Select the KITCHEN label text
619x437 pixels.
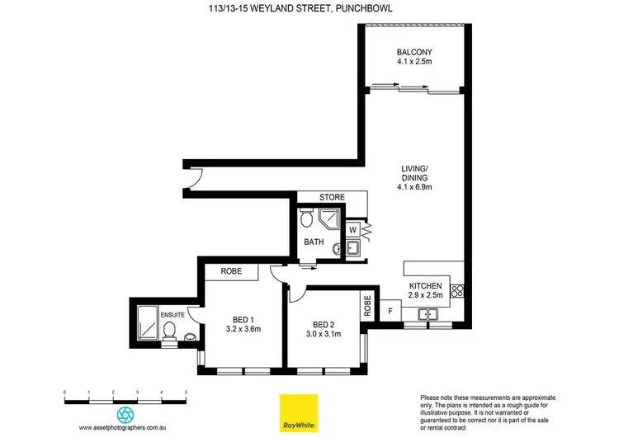pyautogui.click(x=427, y=284)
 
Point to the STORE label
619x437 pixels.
pyautogui.click(x=333, y=198)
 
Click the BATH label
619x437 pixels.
pyautogui.click(x=314, y=242)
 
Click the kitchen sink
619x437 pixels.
pyautogui.click(x=428, y=313)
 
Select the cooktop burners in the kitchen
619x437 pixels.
pyautogui.click(x=459, y=291)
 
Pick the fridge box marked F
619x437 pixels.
pyautogui.click(x=390, y=312)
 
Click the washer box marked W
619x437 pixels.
pyautogui.click(x=352, y=229)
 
